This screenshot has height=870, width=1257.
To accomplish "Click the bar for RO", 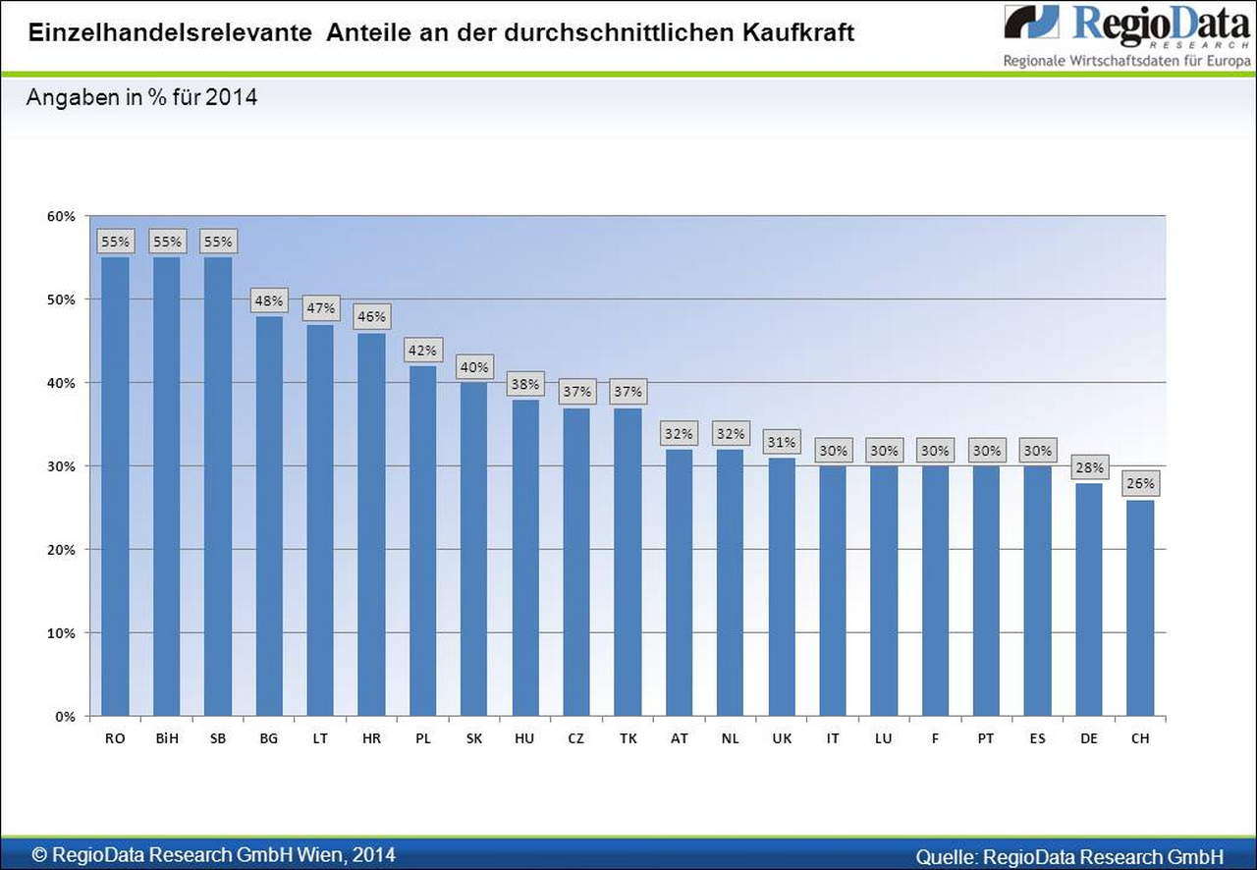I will pyautogui.click(x=115, y=486).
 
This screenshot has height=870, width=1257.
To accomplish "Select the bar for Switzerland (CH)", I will pyautogui.click(x=1140, y=608).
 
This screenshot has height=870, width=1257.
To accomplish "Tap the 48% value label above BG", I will pyautogui.click(x=268, y=300).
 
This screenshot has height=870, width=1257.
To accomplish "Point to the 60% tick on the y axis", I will pyautogui.click(x=61, y=216).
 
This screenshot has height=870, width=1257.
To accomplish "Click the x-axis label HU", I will pyautogui.click(x=524, y=738).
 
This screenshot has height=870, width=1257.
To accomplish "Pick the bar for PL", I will pyautogui.click(x=422, y=540).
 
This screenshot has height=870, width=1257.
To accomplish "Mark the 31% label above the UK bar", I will pyautogui.click(x=782, y=442).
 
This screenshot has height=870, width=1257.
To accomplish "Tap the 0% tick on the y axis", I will pyautogui.click(x=65, y=717).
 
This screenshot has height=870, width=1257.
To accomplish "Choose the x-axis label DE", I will pyautogui.click(x=1089, y=738).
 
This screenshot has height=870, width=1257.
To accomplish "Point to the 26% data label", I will pyautogui.click(x=1140, y=483).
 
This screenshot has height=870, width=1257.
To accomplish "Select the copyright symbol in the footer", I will pyautogui.click(x=39, y=855).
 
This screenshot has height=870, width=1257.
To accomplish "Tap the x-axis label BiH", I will pyautogui.click(x=166, y=738).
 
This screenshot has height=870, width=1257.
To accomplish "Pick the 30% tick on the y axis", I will pyautogui.click(x=61, y=466).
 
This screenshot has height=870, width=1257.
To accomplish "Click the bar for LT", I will pyautogui.click(x=320, y=519).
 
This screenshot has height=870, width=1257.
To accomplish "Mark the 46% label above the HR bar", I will pyautogui.click(x=371, y=317).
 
